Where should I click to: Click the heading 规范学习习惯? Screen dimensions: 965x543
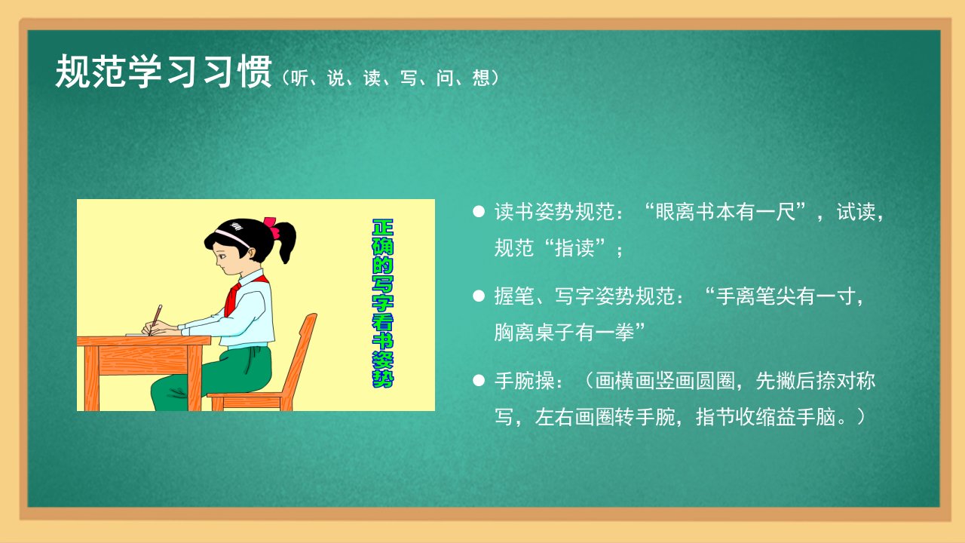coord(164,72)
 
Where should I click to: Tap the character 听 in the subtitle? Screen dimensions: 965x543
coord(299,78)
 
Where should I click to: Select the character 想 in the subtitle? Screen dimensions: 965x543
coord(481,78)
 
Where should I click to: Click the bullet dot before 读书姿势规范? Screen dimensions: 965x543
coord(479,211)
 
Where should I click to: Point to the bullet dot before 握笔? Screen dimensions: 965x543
coord(479,296)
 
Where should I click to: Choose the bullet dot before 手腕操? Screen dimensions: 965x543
coord(479,380)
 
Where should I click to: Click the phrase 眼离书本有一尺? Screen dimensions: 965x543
coord(725,212)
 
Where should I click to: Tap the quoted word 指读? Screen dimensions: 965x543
coord(574,248)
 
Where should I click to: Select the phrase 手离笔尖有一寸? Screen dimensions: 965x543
coord(786,296)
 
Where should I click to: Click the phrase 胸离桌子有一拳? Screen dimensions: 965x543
coord(564,333)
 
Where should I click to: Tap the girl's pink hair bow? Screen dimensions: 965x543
coord(271,227)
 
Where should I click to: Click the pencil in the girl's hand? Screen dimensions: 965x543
coord(155,320)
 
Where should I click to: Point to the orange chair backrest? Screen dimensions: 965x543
coord(302,354)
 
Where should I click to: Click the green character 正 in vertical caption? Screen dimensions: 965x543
coord(382,228)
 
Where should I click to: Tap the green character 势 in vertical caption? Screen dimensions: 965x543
coord(382,379)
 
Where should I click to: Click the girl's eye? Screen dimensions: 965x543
coord(222,257)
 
